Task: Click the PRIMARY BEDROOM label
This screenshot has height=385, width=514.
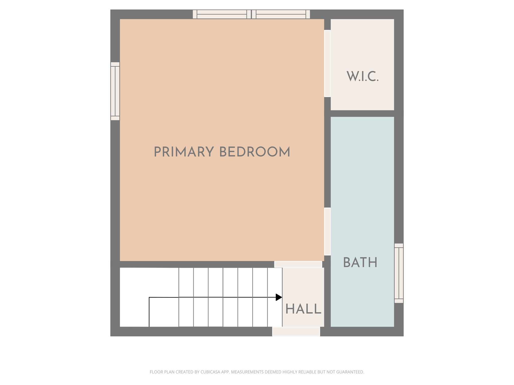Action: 222,152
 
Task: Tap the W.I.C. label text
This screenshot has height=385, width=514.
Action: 362,76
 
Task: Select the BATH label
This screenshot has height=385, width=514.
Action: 360,262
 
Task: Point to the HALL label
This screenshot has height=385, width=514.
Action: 303,309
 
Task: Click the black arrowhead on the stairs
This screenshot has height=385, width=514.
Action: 279,297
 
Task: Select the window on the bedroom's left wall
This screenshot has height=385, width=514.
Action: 115,91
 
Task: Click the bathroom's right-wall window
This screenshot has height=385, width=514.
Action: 399,273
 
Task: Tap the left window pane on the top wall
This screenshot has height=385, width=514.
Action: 222,14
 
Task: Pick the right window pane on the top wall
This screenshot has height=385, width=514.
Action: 281,14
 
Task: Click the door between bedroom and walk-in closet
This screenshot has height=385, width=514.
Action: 327,63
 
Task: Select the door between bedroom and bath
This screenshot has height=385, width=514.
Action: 327,231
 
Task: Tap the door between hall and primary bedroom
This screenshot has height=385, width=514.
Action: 298,264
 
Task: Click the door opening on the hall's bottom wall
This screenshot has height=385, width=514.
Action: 296,331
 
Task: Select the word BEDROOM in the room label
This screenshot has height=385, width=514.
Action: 255,152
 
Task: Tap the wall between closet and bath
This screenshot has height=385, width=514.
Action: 362,114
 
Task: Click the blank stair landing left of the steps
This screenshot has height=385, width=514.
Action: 149,283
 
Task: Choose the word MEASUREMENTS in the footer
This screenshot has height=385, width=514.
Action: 247,372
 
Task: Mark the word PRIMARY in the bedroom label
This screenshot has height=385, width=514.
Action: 184,152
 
